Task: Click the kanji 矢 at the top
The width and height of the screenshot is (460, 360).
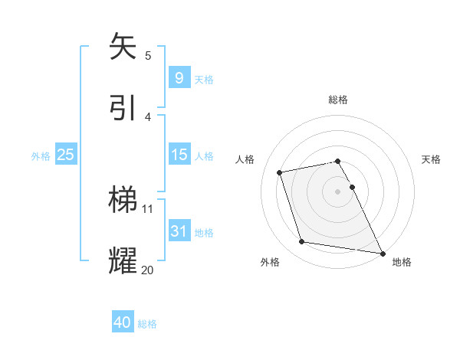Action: pos(123,46)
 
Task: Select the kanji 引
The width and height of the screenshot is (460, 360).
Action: pos(123,107)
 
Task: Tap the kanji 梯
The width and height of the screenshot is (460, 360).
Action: pos(123,199)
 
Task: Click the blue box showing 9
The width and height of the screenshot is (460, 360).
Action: pos(179,77)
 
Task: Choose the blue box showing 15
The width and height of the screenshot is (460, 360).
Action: pos(179,155)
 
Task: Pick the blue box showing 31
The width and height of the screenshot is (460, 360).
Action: pos(179,231)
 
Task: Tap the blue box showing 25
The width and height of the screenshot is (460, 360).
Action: pos(65,155)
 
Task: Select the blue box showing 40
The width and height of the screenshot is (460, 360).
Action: pos(123,322)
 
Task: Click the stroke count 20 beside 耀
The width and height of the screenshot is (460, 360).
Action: pos(147,269)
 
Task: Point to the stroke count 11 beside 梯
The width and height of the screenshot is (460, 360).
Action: pos(148,208)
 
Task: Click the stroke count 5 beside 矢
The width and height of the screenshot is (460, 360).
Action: pos(148,55)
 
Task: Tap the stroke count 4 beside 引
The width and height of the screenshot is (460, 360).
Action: pos(148,116)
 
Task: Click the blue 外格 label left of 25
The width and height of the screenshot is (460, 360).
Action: pos(41,155)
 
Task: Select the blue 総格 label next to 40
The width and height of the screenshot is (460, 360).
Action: pos(147,324)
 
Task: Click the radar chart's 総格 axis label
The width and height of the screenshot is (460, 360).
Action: pos(338,100)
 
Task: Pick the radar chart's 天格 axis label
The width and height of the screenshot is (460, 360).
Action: pos(431,159)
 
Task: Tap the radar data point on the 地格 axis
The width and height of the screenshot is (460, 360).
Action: pos(382,253)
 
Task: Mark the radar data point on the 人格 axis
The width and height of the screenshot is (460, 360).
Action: pos(280,172)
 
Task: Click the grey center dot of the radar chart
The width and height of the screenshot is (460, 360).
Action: pos(338,191)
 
